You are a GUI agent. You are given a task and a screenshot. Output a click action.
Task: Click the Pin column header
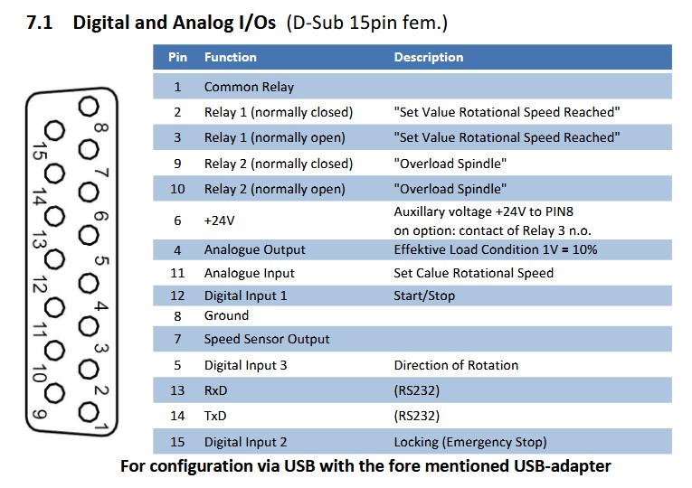177,57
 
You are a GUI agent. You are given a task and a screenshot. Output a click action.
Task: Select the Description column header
429,57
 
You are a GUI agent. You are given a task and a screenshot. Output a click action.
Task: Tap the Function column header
230,57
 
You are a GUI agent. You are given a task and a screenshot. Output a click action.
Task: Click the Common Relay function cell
249,87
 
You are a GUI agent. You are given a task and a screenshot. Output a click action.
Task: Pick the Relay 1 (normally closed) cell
279,112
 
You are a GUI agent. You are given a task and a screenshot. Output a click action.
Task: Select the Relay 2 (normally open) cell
274,189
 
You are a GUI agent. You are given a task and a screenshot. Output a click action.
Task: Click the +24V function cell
219,221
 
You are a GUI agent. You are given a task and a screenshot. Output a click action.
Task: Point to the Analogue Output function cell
255,250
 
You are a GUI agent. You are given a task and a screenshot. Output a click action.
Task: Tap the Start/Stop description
424,296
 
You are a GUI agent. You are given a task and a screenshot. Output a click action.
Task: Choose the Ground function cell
226,315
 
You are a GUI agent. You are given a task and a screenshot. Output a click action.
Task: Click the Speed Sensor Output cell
267,339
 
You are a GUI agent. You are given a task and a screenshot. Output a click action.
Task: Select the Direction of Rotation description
456,365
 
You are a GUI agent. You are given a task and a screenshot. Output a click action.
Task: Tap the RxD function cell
215,390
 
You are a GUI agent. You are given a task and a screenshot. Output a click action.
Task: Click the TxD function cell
215,416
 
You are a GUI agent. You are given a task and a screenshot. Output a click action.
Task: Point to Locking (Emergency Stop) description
470,442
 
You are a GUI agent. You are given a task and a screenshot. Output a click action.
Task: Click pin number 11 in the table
177,273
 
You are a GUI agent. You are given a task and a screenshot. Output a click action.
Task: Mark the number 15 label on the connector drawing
40,151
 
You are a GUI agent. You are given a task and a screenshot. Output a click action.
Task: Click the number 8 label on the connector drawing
101,127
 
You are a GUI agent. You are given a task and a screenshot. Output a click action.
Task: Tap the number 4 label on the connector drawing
101,305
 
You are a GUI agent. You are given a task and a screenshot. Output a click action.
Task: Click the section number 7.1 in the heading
39,23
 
